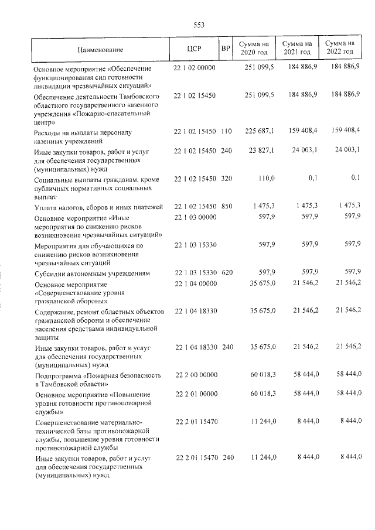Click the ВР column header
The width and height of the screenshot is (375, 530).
click(x=225, y=48)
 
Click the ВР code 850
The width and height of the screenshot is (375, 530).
click(x=227, y=205)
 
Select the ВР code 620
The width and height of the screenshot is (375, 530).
click(x=227, y=273)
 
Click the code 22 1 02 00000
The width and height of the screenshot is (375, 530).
click(x=196, y=68)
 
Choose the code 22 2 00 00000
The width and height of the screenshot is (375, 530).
click(x=196, y=374)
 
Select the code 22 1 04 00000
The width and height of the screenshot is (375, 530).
click(x=196, y=284)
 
